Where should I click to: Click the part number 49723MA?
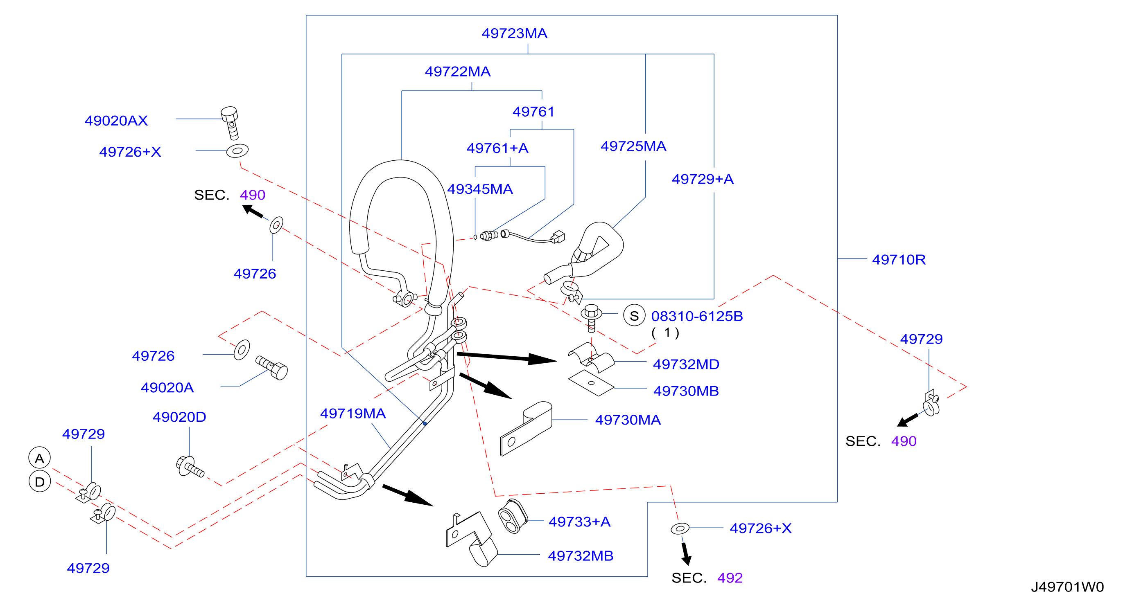(x=514, y=34)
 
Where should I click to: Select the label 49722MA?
(x=458, y=72)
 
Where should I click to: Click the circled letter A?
(x=40, y=458)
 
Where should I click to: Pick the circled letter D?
(x=40, y=482)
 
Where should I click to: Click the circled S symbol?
(x=634, y=316)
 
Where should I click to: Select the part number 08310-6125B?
(x=697, y=316)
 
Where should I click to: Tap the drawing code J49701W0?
(x=1067, y=587)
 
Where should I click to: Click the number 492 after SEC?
(x=730, y=578)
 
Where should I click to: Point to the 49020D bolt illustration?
(x=190, y=467)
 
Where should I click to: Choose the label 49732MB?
(x=581, y=556)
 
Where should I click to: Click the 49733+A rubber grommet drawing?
(x=513, y=516)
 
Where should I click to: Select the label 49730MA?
(x=628, y=420)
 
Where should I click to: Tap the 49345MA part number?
(x=480, y=189)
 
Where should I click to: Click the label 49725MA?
(x=633, y=146)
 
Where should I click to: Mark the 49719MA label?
(x=353, y=414)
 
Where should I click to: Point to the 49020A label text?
(x=167, y=388)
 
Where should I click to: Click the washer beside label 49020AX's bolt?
(x=237, y=151)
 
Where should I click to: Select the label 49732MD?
(x=686, y=364)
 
